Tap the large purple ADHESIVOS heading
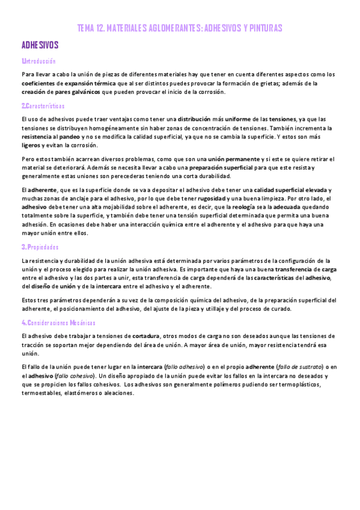click(40, 45)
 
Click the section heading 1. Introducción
click(38, 61)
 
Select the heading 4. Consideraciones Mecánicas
click(58, 323)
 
